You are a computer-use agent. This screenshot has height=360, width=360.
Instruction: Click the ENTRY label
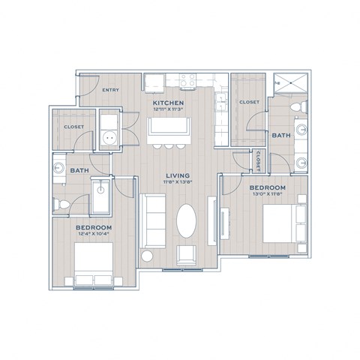110,89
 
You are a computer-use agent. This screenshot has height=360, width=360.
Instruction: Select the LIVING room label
177,177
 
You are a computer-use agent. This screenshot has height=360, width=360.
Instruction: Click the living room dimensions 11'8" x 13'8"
177,184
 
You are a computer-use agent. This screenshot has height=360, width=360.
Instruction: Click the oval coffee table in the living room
187,223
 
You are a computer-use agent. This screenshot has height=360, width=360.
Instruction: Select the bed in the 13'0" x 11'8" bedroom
286,220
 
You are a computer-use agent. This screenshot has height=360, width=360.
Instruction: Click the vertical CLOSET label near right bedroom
257,160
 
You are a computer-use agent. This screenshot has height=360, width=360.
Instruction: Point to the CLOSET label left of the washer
73,127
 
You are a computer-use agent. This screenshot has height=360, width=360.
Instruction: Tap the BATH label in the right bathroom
281,135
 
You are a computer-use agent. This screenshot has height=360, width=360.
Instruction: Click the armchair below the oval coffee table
186,256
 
